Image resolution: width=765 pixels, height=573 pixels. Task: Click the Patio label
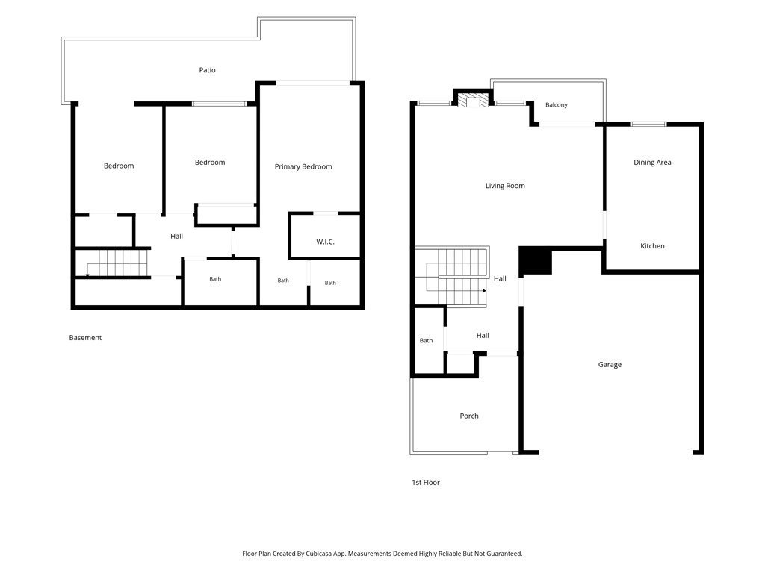coord(207,70)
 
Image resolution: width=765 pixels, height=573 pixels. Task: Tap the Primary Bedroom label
coord(303,166)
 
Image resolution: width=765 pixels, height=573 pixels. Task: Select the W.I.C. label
coord(325,242)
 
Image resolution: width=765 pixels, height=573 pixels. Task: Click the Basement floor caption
coord(85,338)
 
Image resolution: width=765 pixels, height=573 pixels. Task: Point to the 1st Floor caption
coord(425,483)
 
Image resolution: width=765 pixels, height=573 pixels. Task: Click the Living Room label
coord(505,186)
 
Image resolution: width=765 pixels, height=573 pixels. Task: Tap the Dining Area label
coord(652,162)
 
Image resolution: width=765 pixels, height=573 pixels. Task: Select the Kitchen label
coord(652,246)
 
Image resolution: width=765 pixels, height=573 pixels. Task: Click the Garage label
coord(610,364)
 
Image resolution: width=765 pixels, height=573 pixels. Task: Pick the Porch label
coord(469,416)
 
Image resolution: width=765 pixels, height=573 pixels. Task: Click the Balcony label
coord(556,104)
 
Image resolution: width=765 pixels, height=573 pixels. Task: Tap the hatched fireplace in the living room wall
coord(473,99)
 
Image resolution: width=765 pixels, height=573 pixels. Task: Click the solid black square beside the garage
coord(535,260)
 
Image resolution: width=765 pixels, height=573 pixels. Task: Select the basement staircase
coord(117,263)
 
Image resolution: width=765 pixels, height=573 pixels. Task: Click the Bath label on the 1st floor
coord(426,340)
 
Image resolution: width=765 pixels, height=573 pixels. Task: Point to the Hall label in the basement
coord(176,237)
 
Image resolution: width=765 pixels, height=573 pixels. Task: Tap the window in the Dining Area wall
coord(648,125)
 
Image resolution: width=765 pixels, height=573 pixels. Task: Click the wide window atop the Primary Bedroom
coord(313,83)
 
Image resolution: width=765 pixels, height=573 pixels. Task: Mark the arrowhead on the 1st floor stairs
coord(484,291)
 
